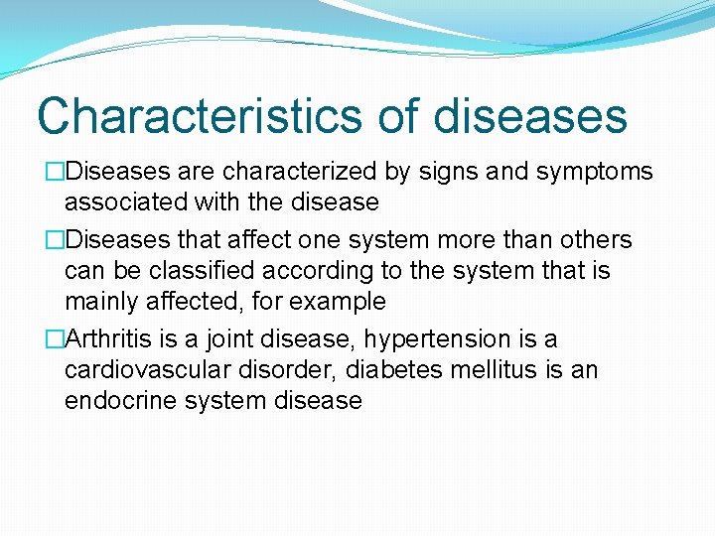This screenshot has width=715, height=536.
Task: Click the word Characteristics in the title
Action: [x=199, y=115]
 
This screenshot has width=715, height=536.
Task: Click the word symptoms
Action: [x=595, y=172]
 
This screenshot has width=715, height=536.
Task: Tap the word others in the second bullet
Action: [x=596, y=240]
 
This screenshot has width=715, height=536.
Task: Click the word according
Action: [x=303, y=271]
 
